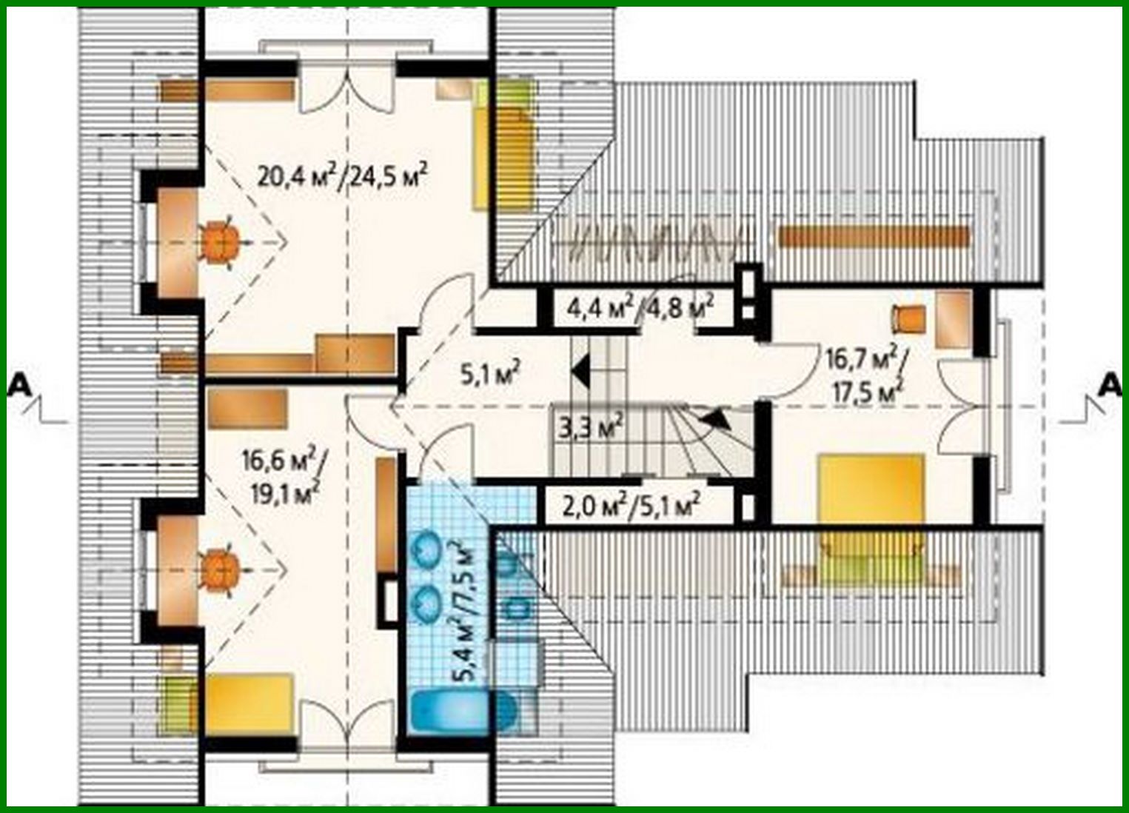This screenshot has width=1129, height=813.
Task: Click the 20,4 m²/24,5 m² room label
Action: (x=344, y=177)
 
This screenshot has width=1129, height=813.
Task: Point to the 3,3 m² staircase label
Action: (x=586, y=427)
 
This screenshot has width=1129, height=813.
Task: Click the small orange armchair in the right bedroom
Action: (x=908, y=318)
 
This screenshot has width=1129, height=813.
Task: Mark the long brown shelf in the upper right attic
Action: (x=874, y=237)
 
